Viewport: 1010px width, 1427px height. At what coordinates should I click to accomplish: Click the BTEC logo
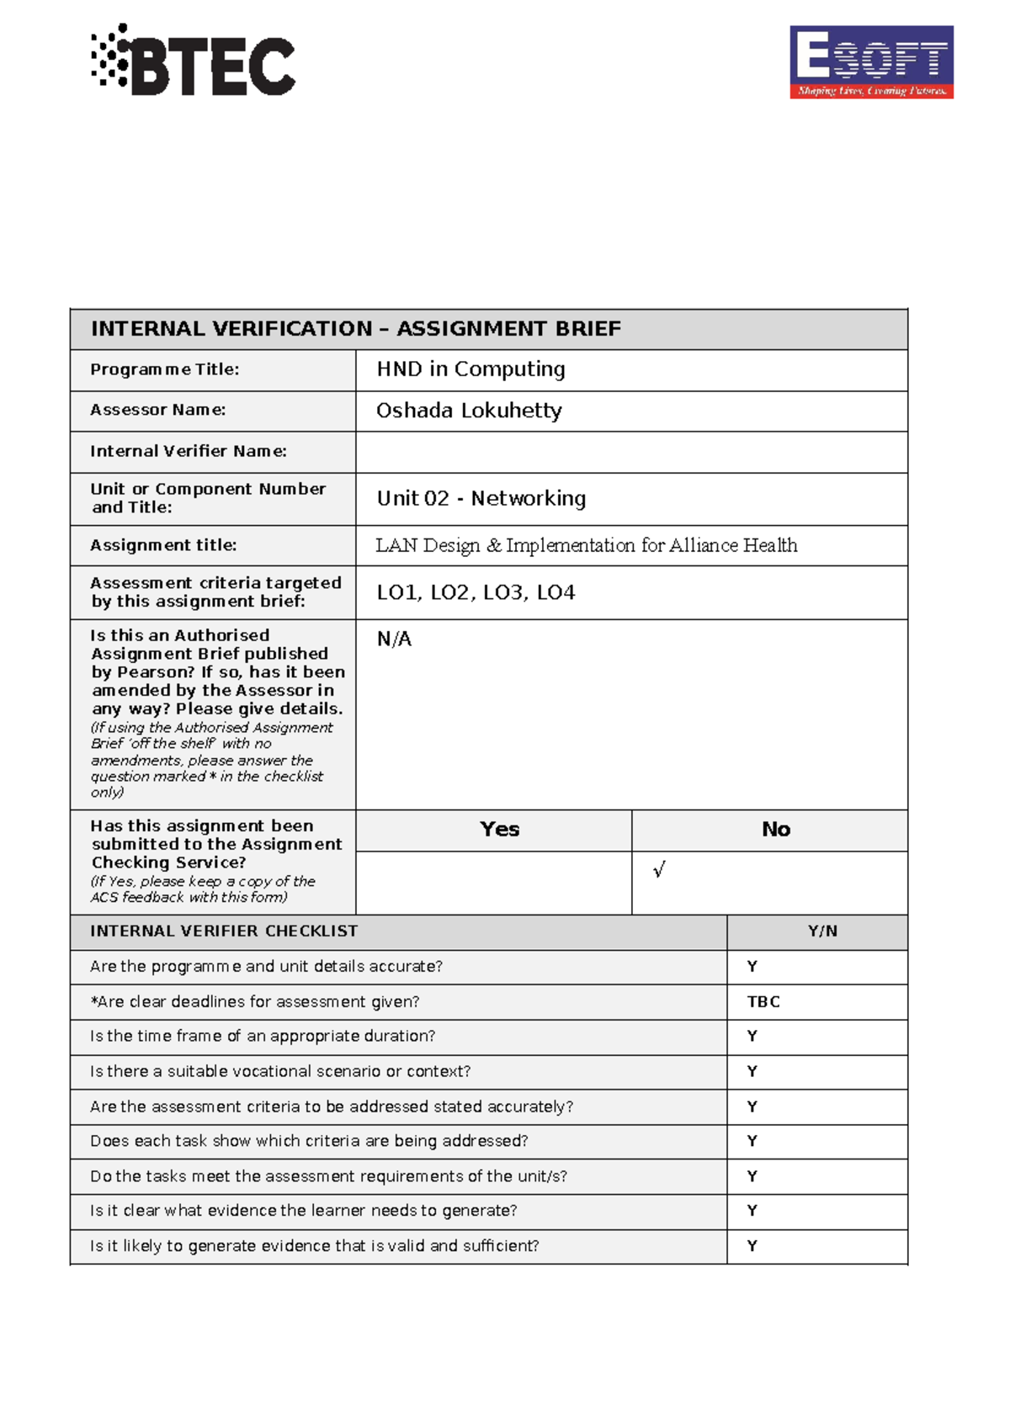click(194, 61)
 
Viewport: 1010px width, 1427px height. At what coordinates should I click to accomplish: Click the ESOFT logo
click(871, 62)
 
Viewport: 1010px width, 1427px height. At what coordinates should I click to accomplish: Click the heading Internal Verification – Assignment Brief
click(355, 329)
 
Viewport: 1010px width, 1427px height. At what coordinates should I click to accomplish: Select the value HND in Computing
click(470, 369)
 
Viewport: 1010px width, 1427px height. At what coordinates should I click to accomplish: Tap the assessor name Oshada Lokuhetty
click(469, 411)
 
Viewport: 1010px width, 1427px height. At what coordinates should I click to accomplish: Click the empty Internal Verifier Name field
click(631, 452)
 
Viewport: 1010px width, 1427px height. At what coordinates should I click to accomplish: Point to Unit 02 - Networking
click(481, 499)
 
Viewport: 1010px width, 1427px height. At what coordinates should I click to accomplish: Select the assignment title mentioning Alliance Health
click(586, 545)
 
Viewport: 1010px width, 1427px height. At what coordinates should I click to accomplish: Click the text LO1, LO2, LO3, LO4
click(476, 592)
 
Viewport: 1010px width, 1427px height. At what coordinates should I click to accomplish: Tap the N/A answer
click(394, 639)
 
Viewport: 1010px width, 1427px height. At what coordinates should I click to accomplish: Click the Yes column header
click(499, 830)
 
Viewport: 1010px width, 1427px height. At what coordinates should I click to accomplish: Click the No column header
click(775, 830)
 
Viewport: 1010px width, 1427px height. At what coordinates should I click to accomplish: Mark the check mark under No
click(659, 870)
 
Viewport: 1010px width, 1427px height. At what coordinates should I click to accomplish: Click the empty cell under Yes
click(493, 883)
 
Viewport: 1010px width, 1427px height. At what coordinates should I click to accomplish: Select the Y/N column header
click(821, 931)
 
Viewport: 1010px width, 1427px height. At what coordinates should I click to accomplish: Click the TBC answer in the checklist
click(763, 1002)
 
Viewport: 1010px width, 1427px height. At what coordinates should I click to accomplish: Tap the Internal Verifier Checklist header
click(224, 931)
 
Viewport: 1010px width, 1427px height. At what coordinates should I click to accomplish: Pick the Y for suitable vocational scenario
click(752, 1072)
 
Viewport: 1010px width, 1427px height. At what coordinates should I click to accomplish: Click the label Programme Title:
click(165, 369)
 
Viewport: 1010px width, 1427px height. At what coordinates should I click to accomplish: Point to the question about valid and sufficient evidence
click(314, 1246)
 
